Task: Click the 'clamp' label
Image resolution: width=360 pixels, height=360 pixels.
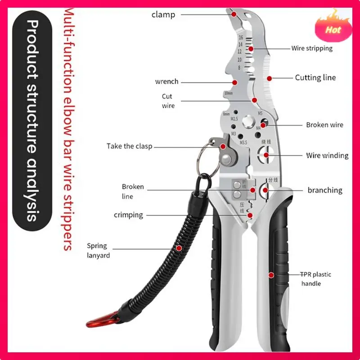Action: tap(163, 14)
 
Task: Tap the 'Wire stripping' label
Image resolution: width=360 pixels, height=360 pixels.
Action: tap(312, 48)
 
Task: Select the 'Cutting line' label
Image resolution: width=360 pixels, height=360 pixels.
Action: tap(315, 77)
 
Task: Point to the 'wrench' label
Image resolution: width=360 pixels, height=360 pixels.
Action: tap(166, 81)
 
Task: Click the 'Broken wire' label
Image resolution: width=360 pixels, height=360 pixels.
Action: tap(324, 125)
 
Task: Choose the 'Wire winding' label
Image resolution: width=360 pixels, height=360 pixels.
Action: tap(327, 155)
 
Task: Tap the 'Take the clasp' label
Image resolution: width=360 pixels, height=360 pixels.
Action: tap(129, 146)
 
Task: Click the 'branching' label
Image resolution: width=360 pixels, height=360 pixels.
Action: tap(325, 190)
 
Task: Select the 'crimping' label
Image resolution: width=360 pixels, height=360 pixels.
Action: tap(128, 215)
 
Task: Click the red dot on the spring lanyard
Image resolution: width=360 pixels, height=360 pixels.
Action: tap(179, 247)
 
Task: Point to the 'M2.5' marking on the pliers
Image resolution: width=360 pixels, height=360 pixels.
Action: tap(234, 119)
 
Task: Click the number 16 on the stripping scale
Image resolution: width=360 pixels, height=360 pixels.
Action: tap(241, 38)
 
